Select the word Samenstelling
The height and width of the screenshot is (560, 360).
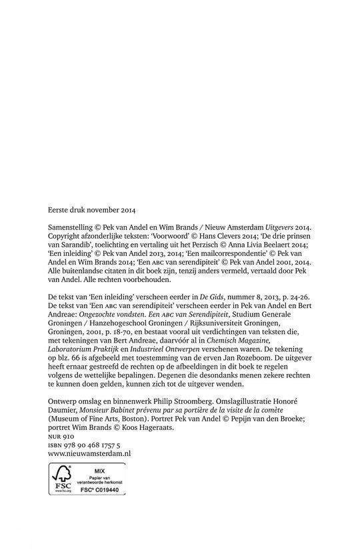point(71,227)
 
